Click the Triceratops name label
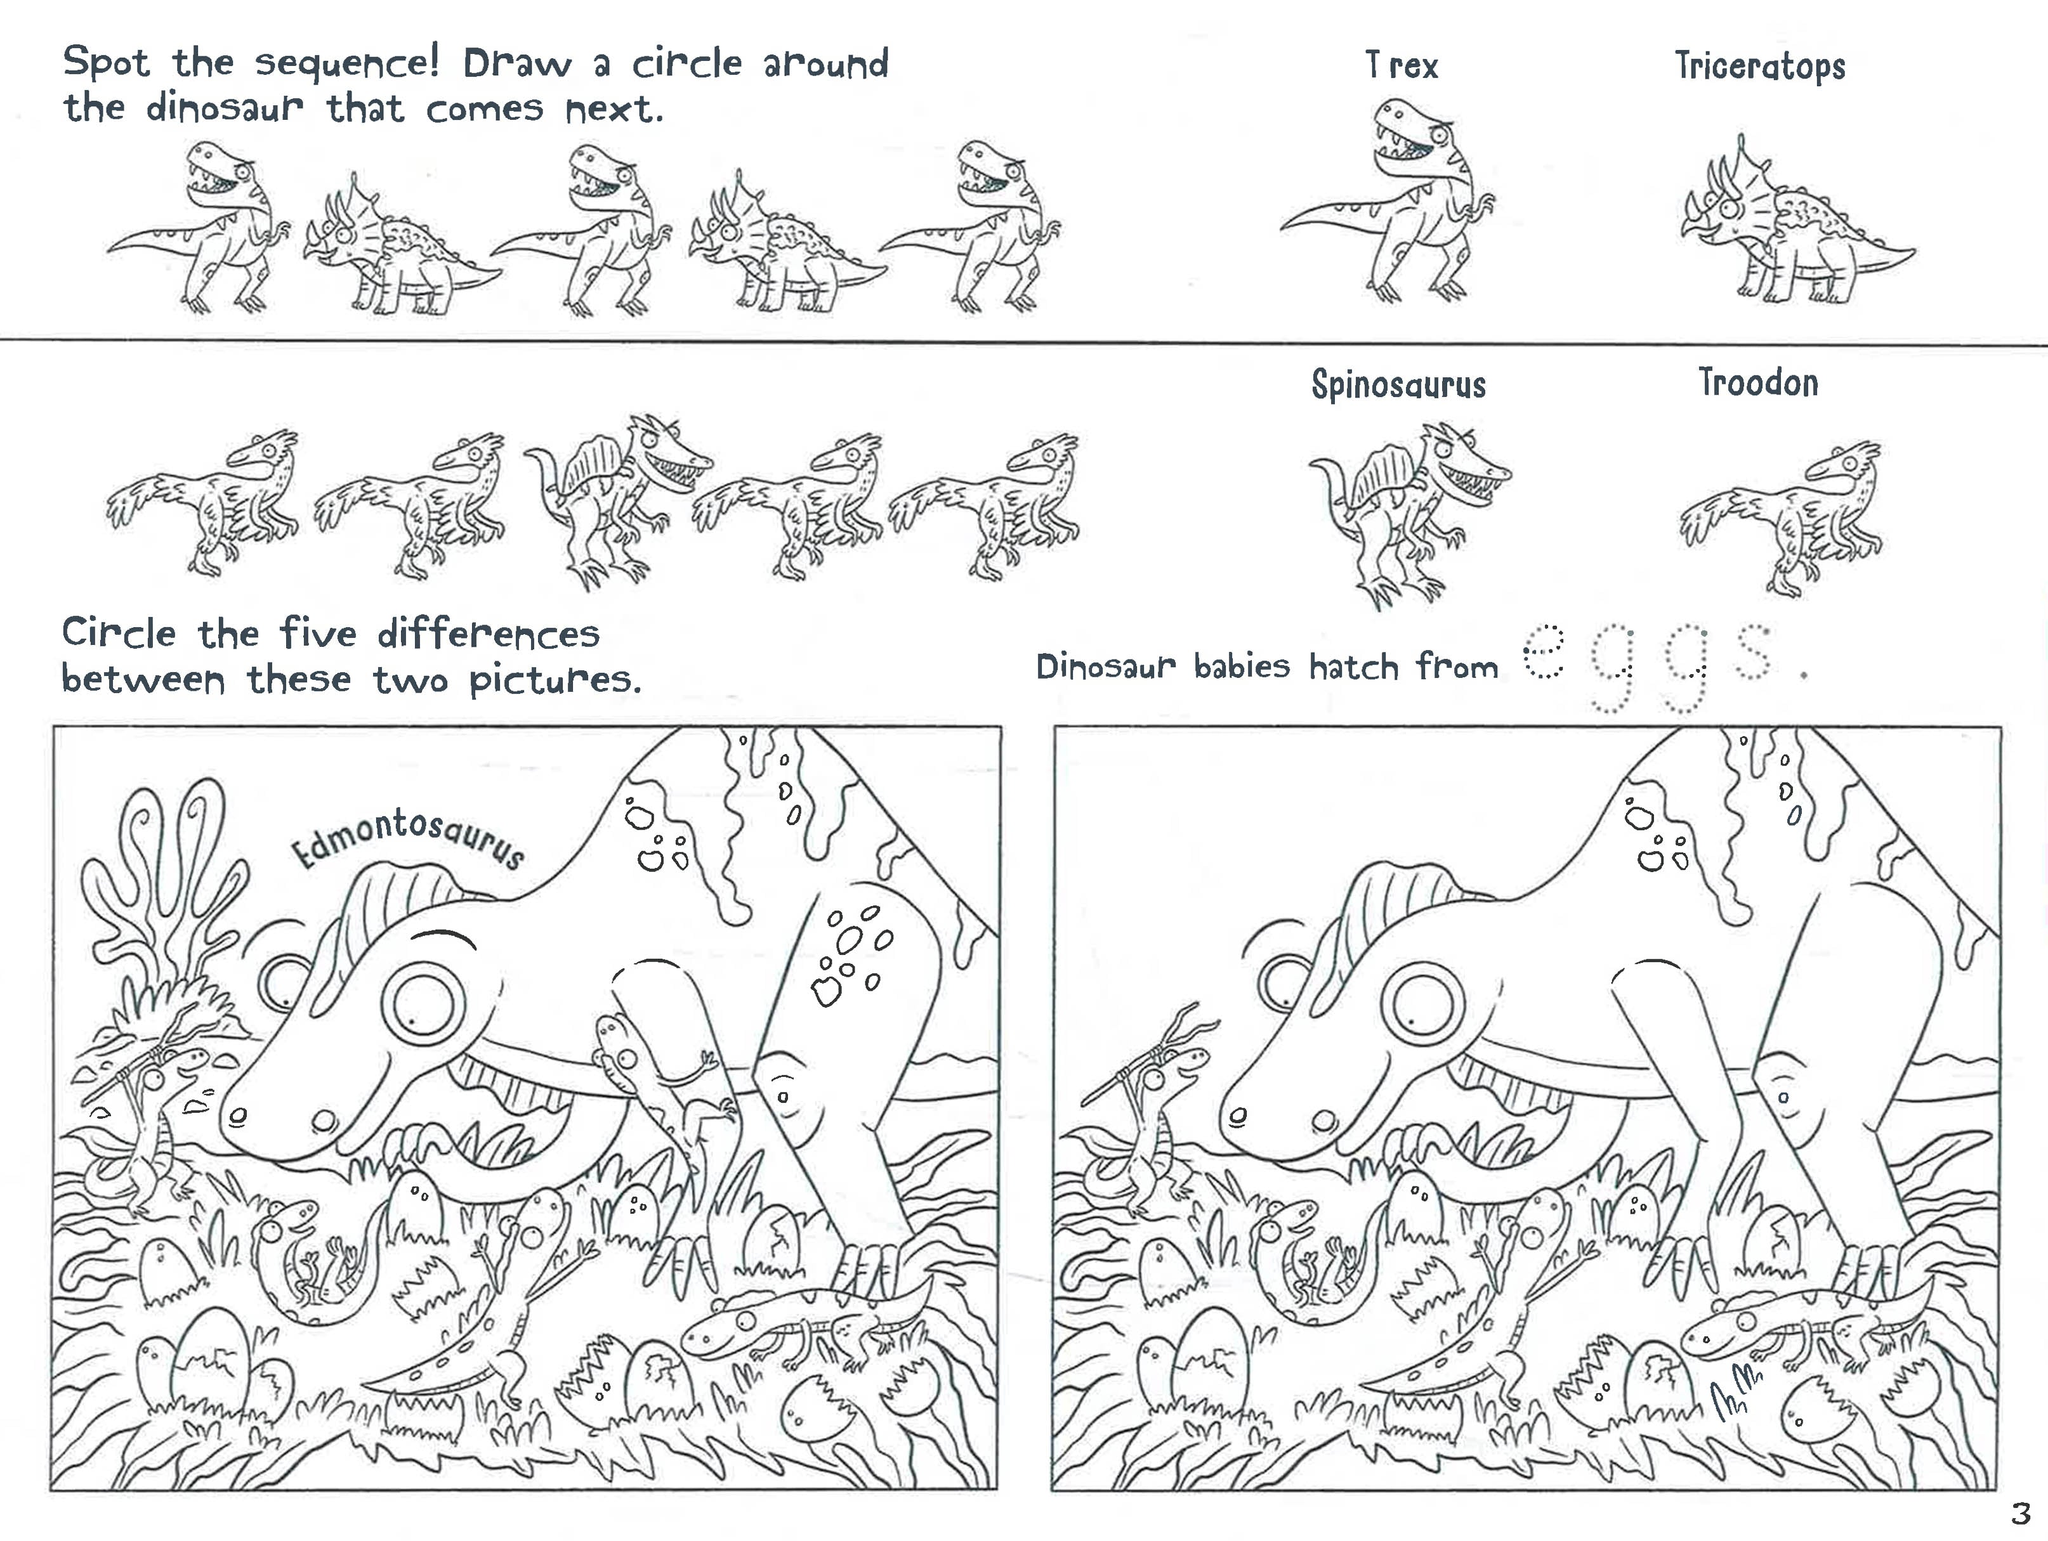click(x=1760, y=67)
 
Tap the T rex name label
click(x=1401, y=65)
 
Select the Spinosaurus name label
click(x=1398, y=384)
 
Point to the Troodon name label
click(x=1758, y=382)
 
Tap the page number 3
click(x=2019, y=1512)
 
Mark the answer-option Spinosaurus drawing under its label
click(x=1407, y=514)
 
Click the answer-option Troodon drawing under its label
click(x=1780, y=518)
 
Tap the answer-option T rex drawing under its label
click(x=1389, y=199)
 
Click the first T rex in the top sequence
click(x=199, y=227)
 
